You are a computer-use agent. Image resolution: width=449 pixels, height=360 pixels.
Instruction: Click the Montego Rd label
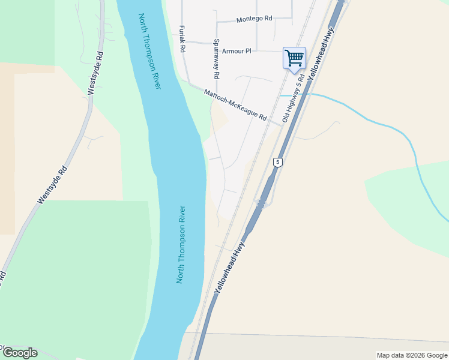254,19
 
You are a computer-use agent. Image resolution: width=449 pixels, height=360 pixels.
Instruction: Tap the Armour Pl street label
236,52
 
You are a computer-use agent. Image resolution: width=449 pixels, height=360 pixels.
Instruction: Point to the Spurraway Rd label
216,59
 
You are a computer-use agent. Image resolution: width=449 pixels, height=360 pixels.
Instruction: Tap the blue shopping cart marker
294,58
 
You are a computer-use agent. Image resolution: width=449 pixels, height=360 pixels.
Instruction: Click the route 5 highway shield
277,162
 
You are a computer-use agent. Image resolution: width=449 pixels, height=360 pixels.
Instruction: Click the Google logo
20,353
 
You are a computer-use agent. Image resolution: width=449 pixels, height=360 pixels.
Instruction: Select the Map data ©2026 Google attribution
411,355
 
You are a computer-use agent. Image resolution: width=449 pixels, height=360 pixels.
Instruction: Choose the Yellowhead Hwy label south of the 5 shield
230,267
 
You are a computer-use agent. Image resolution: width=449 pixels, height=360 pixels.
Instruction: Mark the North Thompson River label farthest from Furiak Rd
181,245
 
